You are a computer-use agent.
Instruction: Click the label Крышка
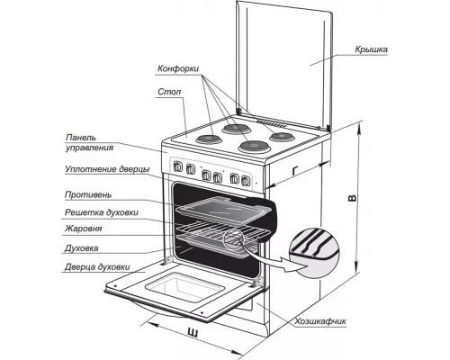[x=371, y=49]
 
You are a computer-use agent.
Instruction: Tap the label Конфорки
[x=178, y=68]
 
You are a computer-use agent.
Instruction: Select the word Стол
[x=169, y=92]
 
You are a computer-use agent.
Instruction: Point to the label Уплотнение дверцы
[x=107, y=169]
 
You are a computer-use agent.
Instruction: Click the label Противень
[x=88, y=195]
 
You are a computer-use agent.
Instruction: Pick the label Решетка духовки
[x=102, y=212]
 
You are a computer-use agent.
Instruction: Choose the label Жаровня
[x=84, y=229]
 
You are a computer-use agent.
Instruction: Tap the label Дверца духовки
[x=97, y=267]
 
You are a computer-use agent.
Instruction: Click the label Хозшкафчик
[x=320, y=321]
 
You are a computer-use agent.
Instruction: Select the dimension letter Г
[x=295, y=171]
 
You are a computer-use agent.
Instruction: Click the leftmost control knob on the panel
[x=178, y=166]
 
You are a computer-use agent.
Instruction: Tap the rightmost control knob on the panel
[x=246, y=180]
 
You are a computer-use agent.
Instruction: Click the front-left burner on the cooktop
[x=209, y=139]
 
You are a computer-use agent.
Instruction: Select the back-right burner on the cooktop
[x=282, y=137]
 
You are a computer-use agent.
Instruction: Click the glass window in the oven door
[x=185, y=287]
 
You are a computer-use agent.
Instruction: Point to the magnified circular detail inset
[x=314, y=253]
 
